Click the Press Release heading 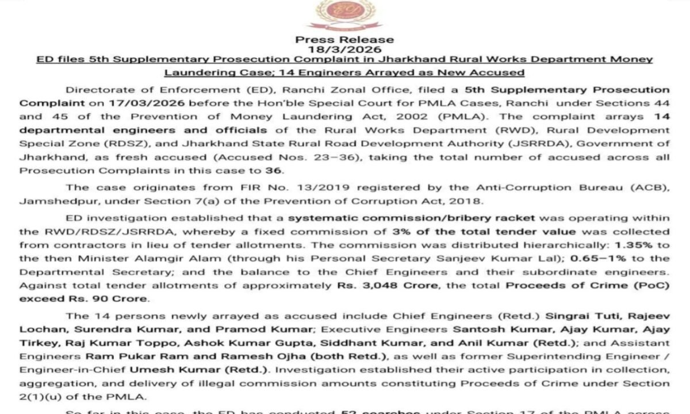[x=344, y=40]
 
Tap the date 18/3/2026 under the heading [x=344, y=49]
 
